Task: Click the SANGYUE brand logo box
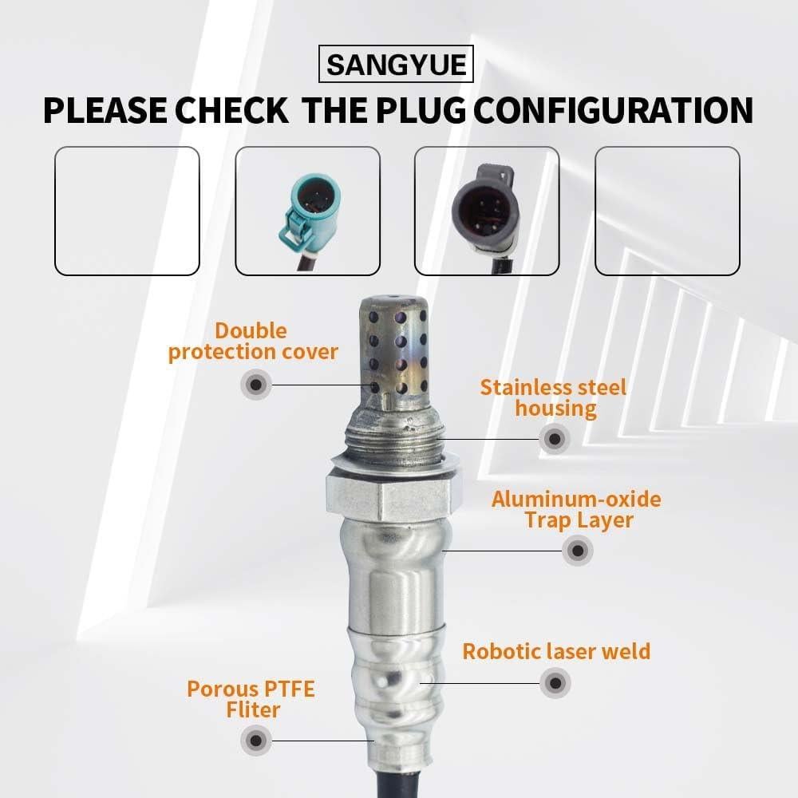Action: click(396, 64)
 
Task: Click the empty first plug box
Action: click(126, 211)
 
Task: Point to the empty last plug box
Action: click(667, 211)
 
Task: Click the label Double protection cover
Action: click(252, 342)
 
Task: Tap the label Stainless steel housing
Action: click(553, 398)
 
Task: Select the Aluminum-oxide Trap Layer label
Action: click(575, 510)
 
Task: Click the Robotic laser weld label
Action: click(556, 651)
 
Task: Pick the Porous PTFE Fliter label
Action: click(251, 698)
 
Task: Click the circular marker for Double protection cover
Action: click(255, 385)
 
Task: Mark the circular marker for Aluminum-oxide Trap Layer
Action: click(577, 550)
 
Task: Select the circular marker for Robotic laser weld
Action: click(555, 683)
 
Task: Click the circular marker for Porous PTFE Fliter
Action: click(255, 740)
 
